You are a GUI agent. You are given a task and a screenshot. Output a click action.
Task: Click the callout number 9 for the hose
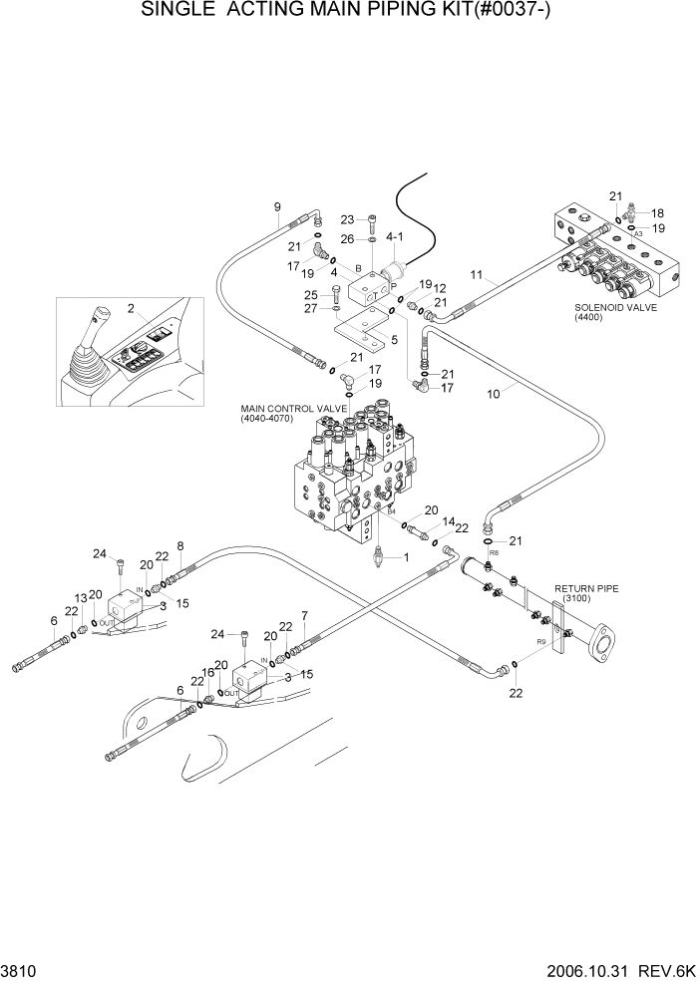coord(277,207)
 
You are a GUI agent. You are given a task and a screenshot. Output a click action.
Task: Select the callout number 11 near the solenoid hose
coord(477,274)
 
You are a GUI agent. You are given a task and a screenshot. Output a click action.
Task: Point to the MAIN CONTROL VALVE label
coord(293,409)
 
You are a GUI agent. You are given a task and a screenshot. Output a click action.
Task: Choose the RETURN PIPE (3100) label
coord(586,593)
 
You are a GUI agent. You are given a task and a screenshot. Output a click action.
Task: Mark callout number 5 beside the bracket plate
coord(394,340)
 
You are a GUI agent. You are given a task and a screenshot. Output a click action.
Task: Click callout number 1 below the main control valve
coord(406,557)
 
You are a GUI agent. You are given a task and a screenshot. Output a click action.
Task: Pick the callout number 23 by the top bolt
coord(347,219)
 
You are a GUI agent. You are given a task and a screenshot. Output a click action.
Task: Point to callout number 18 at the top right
coord(658,213)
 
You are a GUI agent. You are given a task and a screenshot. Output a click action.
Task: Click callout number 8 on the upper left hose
coord(180,545)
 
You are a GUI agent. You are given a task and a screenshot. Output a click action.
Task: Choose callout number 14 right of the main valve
coord(449,521)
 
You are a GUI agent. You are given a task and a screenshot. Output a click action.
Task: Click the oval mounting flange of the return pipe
coord(605,643)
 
